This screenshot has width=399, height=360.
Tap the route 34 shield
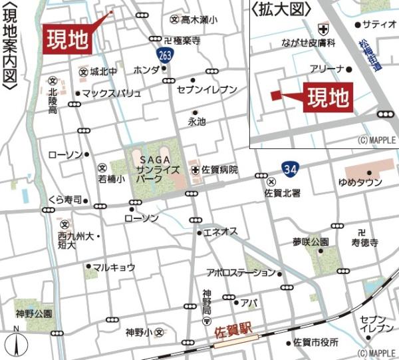[289, 169]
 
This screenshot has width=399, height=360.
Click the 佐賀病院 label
[220, 170]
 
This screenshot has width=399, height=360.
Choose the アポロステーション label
[241, 272]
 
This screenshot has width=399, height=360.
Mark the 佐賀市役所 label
[316, 342]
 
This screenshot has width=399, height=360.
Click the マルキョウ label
[114, 268]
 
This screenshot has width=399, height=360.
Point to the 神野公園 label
[35, 312]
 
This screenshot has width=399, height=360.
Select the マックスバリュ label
[112, 93]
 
